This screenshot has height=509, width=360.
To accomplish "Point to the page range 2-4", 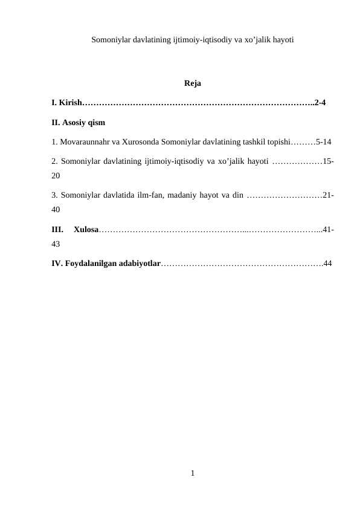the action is pos(320,103).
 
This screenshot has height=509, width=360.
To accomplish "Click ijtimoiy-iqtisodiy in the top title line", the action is pos(199,41).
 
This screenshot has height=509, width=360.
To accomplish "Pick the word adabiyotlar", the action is pos(140,264).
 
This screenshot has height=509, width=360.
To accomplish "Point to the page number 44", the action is pos(327,264).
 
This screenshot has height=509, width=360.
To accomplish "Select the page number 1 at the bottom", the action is pos(191,473).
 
